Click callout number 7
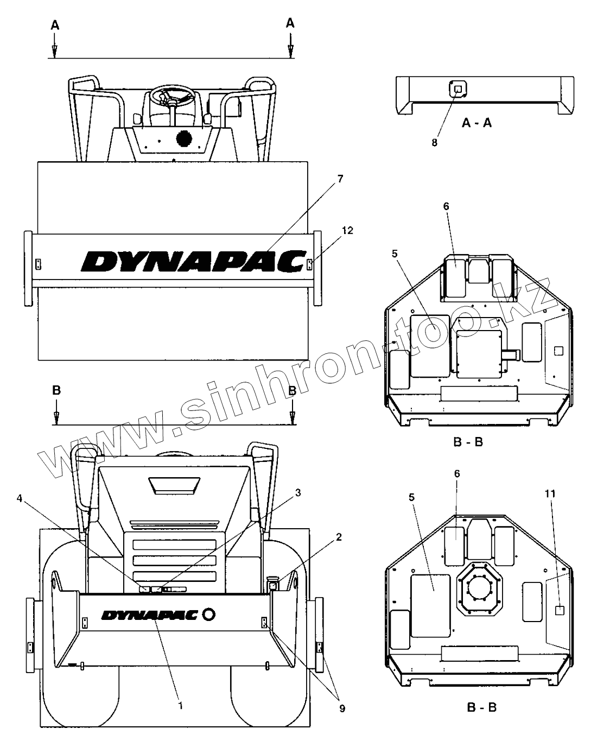pos(340,179)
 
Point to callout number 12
pos(347,230)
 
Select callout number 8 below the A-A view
pos(434,127)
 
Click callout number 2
pos(339,537)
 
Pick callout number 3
pos(297,492)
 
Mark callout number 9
pos(342,708)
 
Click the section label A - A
pos(477,123)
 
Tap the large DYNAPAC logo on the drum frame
pos(192,262)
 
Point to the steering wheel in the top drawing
pos(173,98)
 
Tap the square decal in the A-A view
pos(458,88)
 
